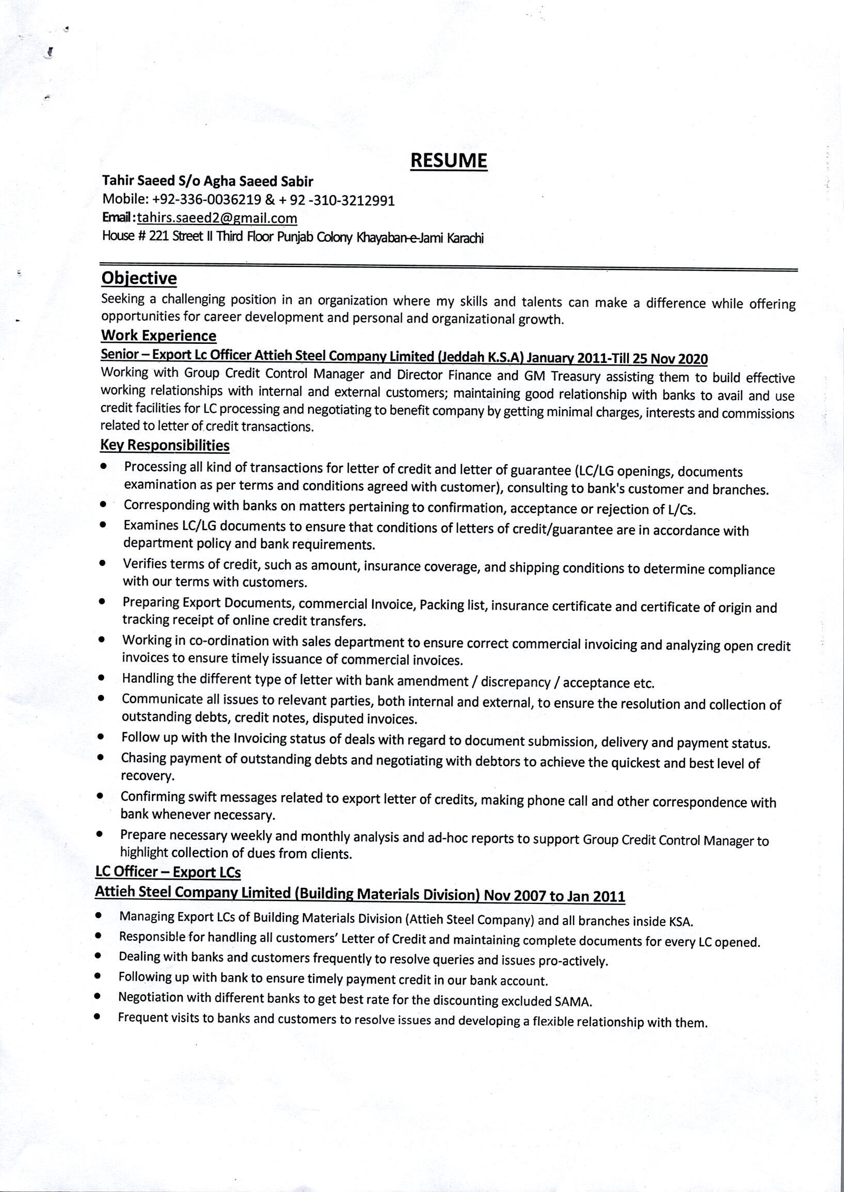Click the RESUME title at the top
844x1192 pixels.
pos(449,161)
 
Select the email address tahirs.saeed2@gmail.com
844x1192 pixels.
pos(217,218)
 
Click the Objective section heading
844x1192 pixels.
pos(139,278)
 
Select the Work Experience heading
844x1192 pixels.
pos(158,336)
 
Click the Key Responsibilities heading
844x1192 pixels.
pos(165,446)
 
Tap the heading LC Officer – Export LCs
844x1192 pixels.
pos(168,871)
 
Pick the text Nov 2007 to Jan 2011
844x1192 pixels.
pos(554,896)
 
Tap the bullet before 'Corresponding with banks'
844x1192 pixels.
pos(104,504)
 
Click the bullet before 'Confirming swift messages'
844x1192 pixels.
pos(99,796)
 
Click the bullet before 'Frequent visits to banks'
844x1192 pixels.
pos(97,1017)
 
